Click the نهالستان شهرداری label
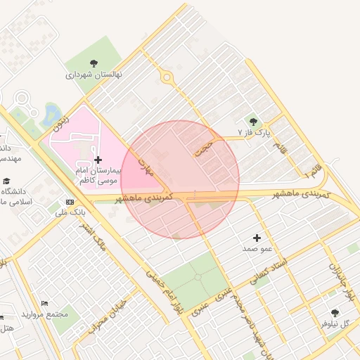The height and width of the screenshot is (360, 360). [x=94, y=73]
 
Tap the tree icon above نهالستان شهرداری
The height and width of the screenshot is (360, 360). [x=94, y=62]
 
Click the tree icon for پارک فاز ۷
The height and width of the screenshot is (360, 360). [x=253, y=122]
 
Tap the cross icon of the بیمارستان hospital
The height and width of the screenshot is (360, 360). [x=98, y=160]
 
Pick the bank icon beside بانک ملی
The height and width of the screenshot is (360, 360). [x=68, y=202]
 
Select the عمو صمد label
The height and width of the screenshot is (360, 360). [x=257, y=249]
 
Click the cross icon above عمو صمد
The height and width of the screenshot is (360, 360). [x=257, y=238]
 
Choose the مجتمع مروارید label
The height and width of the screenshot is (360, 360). [x=44, y=314]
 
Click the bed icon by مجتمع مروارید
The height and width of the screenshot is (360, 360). [x=45, y=303]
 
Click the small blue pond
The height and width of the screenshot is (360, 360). [x=51, y=112]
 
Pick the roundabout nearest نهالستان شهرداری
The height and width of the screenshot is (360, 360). [x=167, y=77]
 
